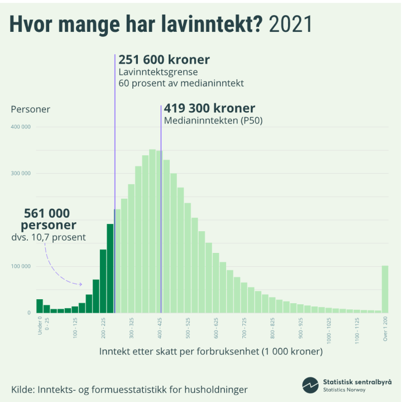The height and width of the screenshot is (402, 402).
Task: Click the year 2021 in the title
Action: tap(290, 25)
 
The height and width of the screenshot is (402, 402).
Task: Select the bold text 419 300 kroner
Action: tap(209, 108)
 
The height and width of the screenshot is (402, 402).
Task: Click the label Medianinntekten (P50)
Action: tap(213, 121)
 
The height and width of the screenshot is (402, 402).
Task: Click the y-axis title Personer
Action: tap(31, 109)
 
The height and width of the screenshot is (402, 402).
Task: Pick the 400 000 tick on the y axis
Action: tap(20, 127)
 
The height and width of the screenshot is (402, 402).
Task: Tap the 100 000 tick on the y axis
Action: tap(20, 266)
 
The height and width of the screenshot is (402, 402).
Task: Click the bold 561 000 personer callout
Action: tap(48, 219)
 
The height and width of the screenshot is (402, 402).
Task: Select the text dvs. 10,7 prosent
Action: tap(49, 237)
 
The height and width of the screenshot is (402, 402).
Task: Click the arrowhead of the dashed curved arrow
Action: tap(80, 284)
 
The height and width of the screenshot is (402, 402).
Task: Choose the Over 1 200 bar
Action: tap(385, 289)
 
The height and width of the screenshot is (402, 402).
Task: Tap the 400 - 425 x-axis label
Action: tap(160, 326)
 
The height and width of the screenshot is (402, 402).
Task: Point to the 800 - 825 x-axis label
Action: tap(272, 326)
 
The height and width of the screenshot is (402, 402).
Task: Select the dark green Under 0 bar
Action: tap(40, 306)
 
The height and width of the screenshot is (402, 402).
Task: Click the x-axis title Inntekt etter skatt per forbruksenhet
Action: tap(211, 352)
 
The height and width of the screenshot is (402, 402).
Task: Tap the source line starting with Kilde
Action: tap(129, 389)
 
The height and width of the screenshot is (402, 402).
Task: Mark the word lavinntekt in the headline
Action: tap(206, 25)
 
